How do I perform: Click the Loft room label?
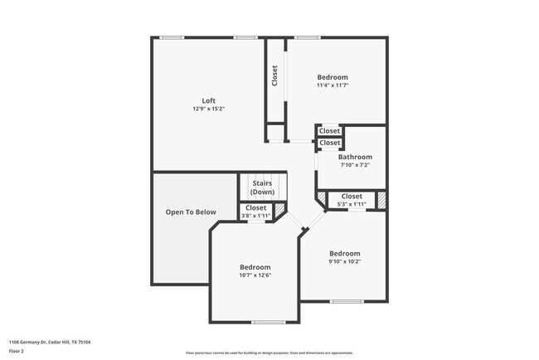pos(208,100)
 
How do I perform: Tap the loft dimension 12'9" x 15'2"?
pos(208,109)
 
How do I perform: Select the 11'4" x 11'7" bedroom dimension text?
pos(332,85)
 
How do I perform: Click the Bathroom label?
pos(355,157)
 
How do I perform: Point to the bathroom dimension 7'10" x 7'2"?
pos(355,164)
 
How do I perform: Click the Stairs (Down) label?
pos(262,187)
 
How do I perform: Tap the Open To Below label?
pos(191,212)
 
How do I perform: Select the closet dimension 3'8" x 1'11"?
pos(256,216)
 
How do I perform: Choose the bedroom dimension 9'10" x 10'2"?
pos(344,261)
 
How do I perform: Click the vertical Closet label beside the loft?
pos(274,75)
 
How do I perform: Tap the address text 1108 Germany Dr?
pos(50,342)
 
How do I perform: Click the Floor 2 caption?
pos(17,351)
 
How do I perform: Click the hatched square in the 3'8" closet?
pos(280,210)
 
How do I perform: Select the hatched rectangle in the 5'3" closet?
pos(382,200)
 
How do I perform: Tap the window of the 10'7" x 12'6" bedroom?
pos(268,322)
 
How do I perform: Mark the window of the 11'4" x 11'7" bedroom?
pos(308,37)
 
